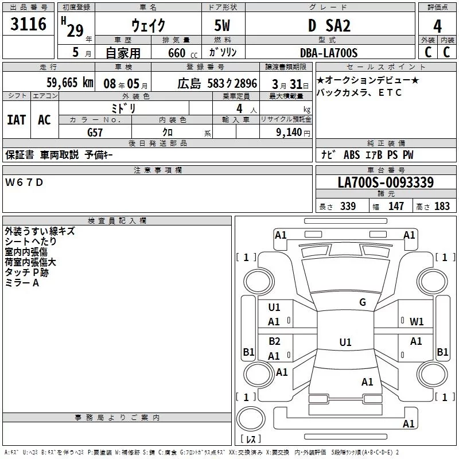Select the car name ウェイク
point(148,26)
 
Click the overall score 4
point(437,26)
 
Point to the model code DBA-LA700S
point(328,53)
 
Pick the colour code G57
point(95,132)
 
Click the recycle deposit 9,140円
point(293,133)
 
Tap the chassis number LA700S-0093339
point(386,183)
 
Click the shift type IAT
point(17,119)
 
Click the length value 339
point(348,207)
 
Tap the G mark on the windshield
point(362,302)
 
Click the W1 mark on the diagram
point(417,322)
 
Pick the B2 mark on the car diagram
point(274,341)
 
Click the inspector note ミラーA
point(22,283)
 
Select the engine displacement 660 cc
point(177,53)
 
